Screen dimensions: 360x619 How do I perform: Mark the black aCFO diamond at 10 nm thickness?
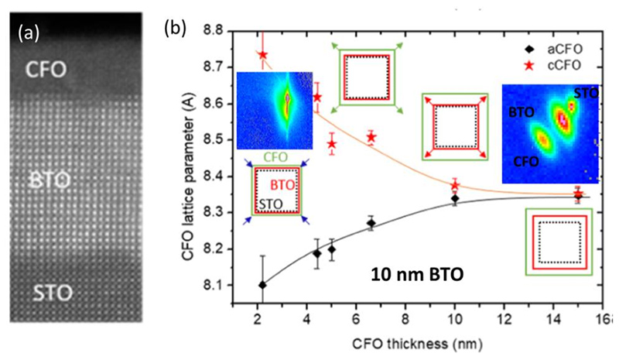(455, 199)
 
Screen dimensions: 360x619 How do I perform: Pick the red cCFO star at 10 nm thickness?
(455, 185)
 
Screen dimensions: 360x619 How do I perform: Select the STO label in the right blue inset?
(587, 91)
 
